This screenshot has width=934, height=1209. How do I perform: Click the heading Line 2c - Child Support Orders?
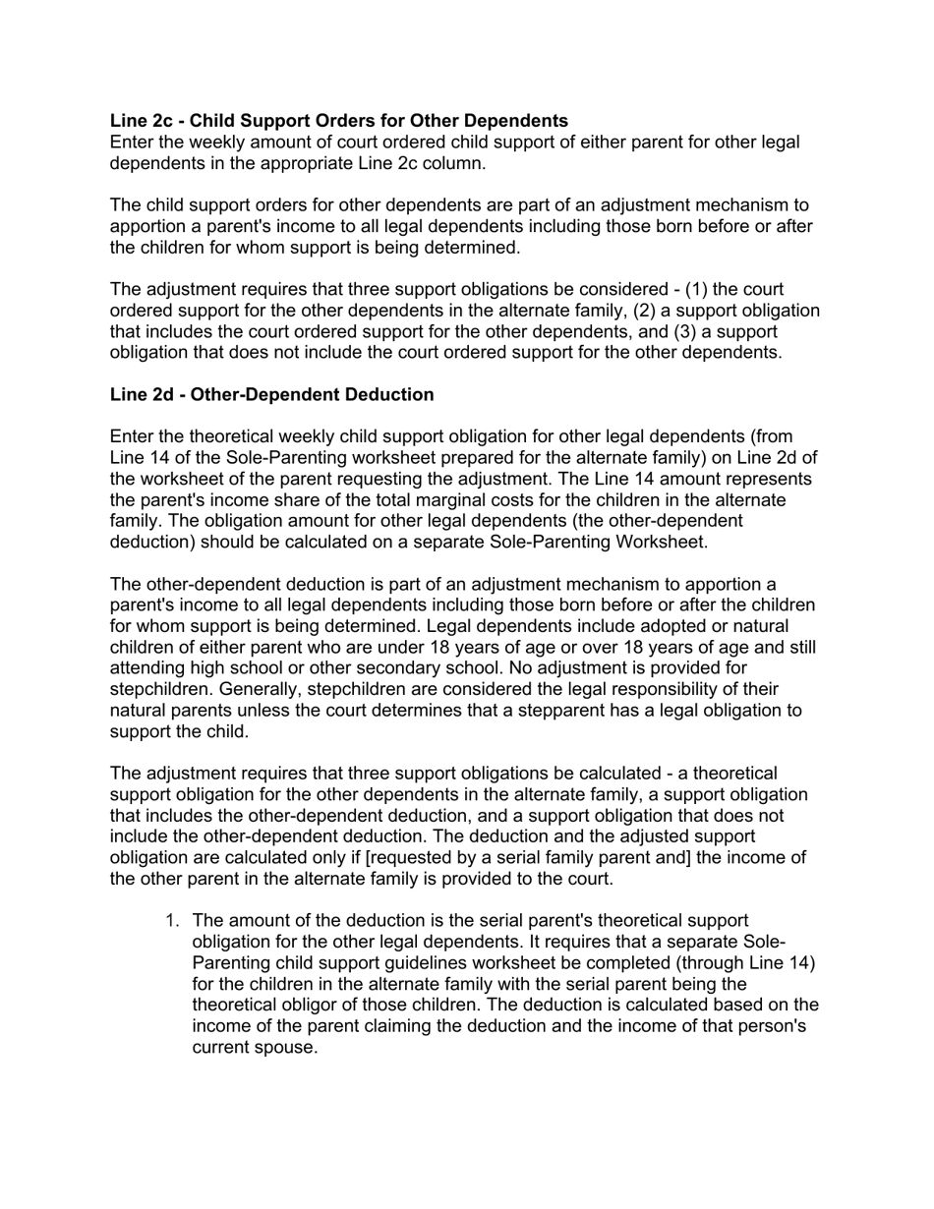[338, 121]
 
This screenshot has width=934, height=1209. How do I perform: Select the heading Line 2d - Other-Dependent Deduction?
[271, 394]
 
